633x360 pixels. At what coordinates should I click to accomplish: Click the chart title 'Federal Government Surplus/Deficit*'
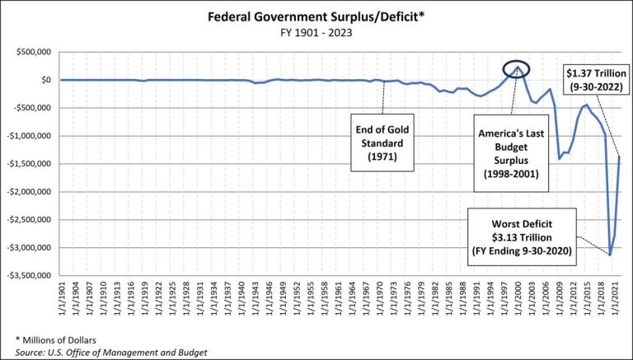point(316,19)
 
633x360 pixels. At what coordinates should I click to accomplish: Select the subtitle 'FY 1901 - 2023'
point(316,35)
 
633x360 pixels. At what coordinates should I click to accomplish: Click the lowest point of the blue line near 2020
point(610,255)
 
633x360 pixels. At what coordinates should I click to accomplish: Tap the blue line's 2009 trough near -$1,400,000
point(560,158)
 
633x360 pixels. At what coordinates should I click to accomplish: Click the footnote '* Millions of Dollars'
point(56,339)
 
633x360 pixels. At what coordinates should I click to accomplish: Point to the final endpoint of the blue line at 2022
point(619,157)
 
